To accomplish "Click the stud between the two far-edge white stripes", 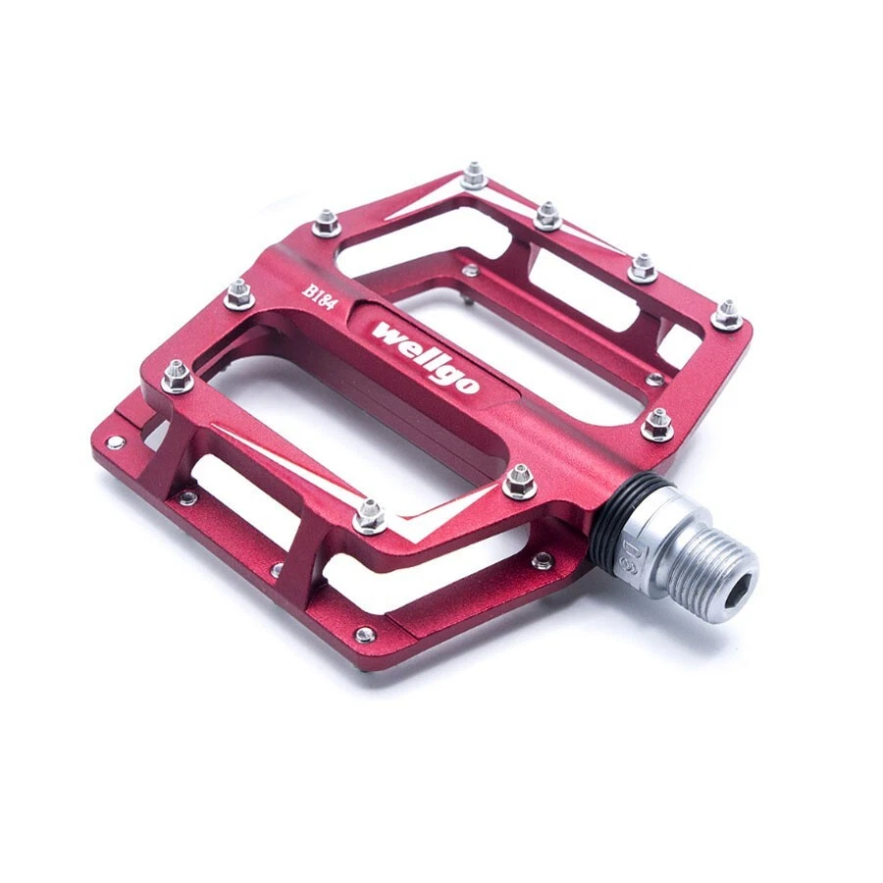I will (x=474, y=177).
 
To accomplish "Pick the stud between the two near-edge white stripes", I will (x=369, y=515).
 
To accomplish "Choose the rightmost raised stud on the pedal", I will (x=727, y=314).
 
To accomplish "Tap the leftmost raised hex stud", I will (x=177, y=375).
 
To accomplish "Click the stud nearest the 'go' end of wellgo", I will (x=519, y=480).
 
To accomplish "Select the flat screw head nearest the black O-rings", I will (x=542, y=561).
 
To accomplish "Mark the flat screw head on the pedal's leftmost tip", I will (x=116, y=443).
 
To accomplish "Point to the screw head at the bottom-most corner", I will (x=365, y=635).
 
